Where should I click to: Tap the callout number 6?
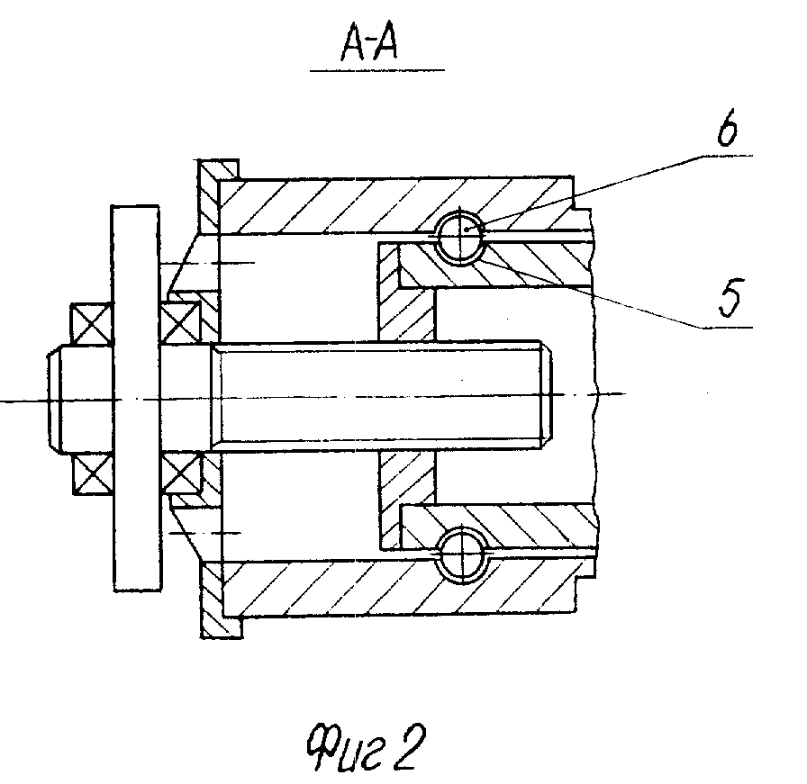pos(728,127)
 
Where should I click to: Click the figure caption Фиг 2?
pos(366,746)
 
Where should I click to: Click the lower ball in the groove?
pos(462,556)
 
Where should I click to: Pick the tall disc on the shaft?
pos(136,398)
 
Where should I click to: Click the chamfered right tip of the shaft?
pos(547,393)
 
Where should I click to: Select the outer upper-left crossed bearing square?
pos(92,323)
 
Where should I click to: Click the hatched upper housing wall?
pos(396,204)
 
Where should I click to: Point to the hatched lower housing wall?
pos(399,588)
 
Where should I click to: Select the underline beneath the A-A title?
pos(377,69)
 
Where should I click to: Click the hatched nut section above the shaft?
pos(406,291)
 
